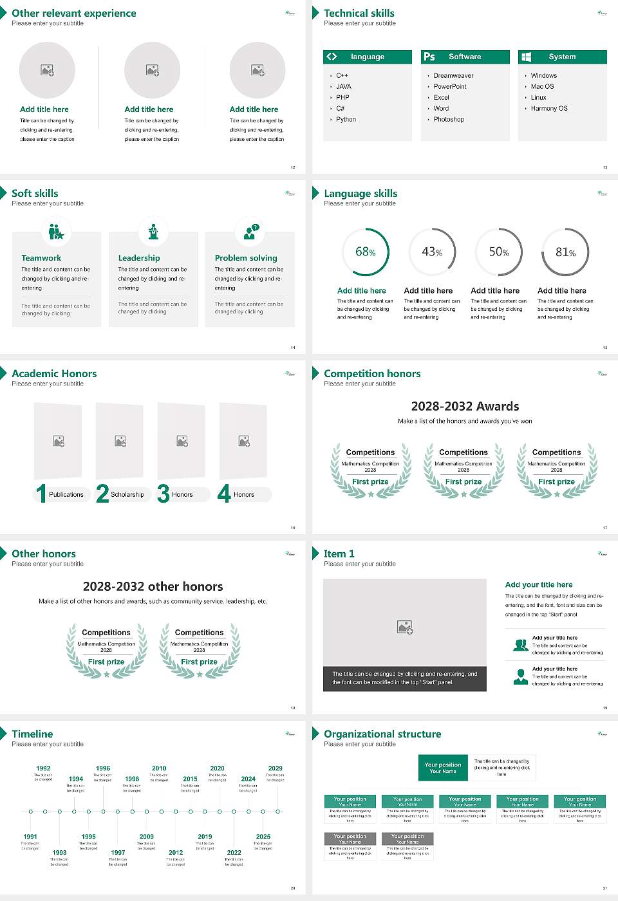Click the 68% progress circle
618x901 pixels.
click(x=365, y=252)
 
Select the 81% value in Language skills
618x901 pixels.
click(x=565, y=252)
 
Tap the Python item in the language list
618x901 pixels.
click(x=346, y=120)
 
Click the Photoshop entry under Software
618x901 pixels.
click(x=448, y=120)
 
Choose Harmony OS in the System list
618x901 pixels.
click(x=549, y=109)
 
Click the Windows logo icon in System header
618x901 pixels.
click(x=526, y=57)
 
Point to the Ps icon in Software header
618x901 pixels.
click(x=429, y=57)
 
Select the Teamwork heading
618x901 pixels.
click(x=41, y=258)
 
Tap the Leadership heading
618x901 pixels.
click(x=139, y=258)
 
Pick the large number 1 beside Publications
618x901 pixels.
click(x=41, y=494)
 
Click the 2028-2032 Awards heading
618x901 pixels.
click(x=465, y=406)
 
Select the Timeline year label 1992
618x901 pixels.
click(x=43, y=768)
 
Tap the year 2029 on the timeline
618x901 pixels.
click(x=275, y=768)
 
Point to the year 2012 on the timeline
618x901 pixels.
click(x=176, y=853)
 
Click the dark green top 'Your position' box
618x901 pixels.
click(x=443, y=768)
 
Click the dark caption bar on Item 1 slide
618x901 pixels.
click(x=404, y=678)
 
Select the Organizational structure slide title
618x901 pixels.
click(x=382, y=734)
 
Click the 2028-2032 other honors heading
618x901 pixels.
click(x=153, y=586)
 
